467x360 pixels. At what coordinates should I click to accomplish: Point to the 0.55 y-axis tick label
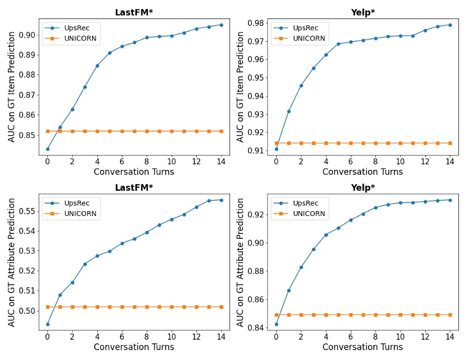pos(27,211)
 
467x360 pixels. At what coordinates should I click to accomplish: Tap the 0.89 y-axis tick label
pos(27,55)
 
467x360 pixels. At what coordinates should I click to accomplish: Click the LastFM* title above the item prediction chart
pos(134,12)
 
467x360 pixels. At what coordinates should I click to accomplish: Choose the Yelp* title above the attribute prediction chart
pos(363,187)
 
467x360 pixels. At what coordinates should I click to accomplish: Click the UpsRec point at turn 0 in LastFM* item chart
pos(47,149)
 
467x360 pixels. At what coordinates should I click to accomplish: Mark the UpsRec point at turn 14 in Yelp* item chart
pos(450,25)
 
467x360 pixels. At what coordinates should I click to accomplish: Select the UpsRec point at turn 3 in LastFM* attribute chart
pos(85,264)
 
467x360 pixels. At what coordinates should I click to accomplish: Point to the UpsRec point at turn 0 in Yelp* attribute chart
pos(276,324)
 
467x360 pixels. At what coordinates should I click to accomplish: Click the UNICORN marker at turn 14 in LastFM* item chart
pos(222,131)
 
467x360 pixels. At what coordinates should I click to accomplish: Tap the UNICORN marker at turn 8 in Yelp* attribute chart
pos(375,314)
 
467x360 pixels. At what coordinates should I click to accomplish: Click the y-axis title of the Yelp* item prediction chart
pos(241,87)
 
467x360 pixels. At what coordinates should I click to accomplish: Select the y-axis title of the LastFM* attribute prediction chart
pos(12,262)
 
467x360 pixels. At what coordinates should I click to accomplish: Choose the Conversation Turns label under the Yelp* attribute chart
pos(362,347)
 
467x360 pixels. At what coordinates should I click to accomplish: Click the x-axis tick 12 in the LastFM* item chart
pos(196,161)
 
